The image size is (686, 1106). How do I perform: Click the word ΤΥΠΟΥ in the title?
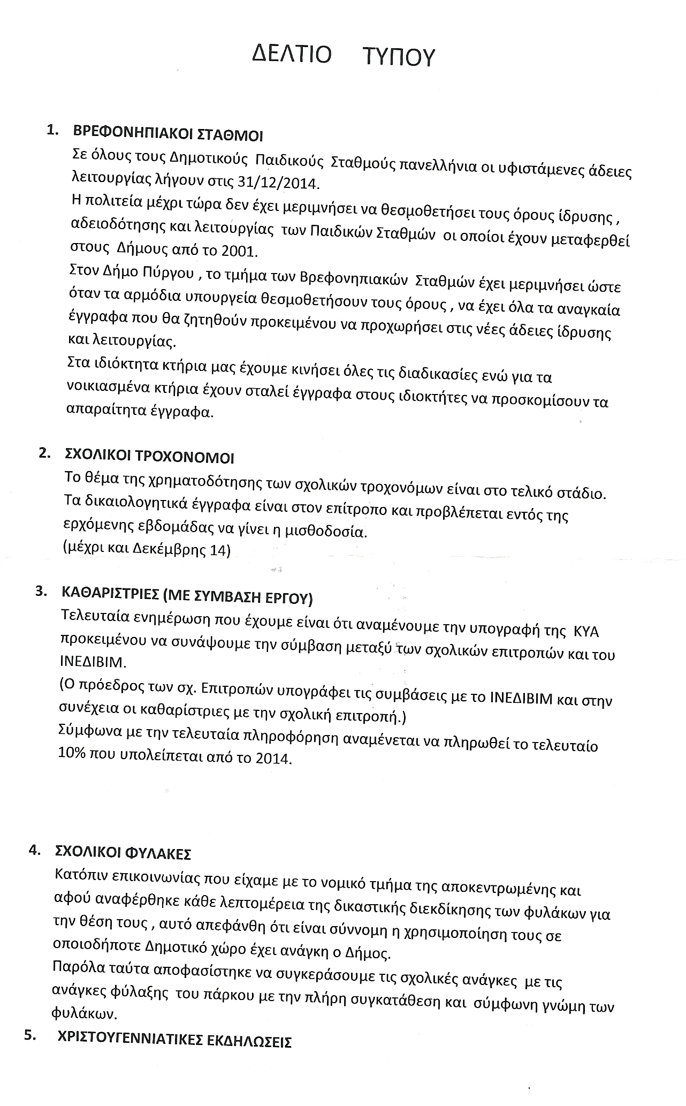(x=398, y=57)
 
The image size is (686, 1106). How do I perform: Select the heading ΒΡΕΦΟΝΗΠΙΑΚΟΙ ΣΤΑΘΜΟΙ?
(x=167, y=133)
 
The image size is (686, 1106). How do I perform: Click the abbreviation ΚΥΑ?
(x=586, y=632)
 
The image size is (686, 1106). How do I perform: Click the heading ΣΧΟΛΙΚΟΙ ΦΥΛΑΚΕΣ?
(x=123, y=852)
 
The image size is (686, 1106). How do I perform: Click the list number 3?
(x=39, y=592)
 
